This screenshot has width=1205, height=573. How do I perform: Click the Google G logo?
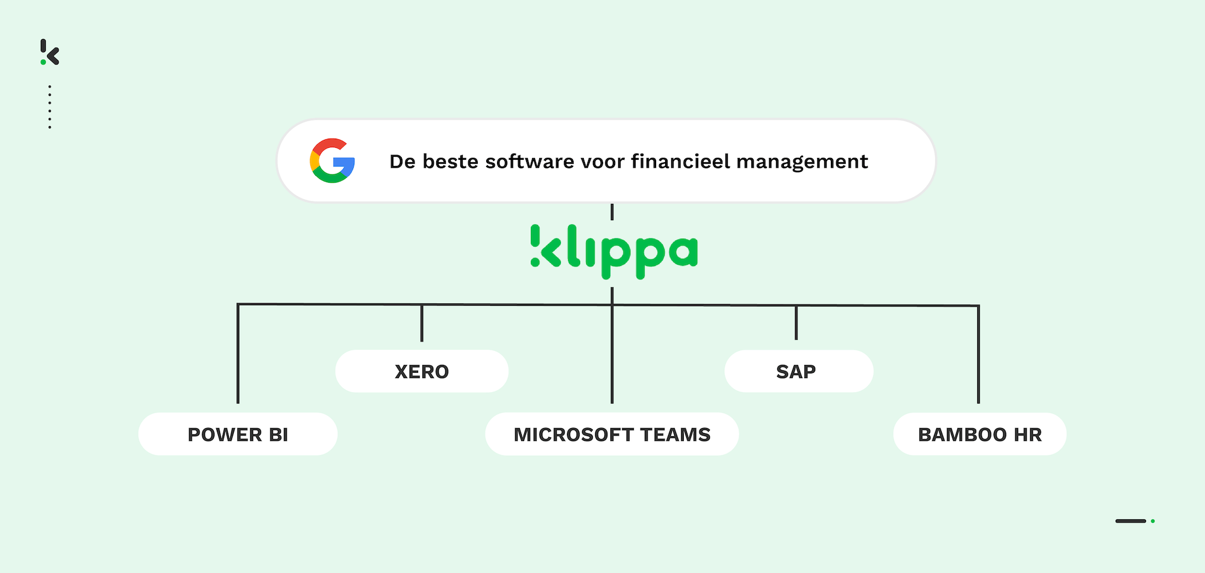(x=332, y=160)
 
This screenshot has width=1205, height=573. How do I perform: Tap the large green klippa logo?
(x=614, y=252)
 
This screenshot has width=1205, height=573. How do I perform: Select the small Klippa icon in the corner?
(x=49, y=52)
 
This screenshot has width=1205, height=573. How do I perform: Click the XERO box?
(x=422, y=372)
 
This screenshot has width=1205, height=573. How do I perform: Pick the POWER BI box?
(x=238, y=434)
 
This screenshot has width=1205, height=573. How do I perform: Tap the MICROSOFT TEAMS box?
(x=612, y=434)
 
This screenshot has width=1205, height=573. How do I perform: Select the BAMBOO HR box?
(x=980, y=434)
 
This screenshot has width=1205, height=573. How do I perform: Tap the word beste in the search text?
(x=451, y=162)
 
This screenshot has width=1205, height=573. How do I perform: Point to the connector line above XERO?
(x=422, y=323)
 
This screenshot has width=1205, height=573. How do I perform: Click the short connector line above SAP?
(x=796, y=323)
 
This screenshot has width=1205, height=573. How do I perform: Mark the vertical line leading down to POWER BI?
(x=238, y=353)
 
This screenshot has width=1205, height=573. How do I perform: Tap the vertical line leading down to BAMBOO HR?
(x=978, y=355)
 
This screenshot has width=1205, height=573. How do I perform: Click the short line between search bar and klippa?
(x=612, y=212)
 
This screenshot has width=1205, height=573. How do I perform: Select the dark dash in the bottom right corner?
(x=1131, y=521)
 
